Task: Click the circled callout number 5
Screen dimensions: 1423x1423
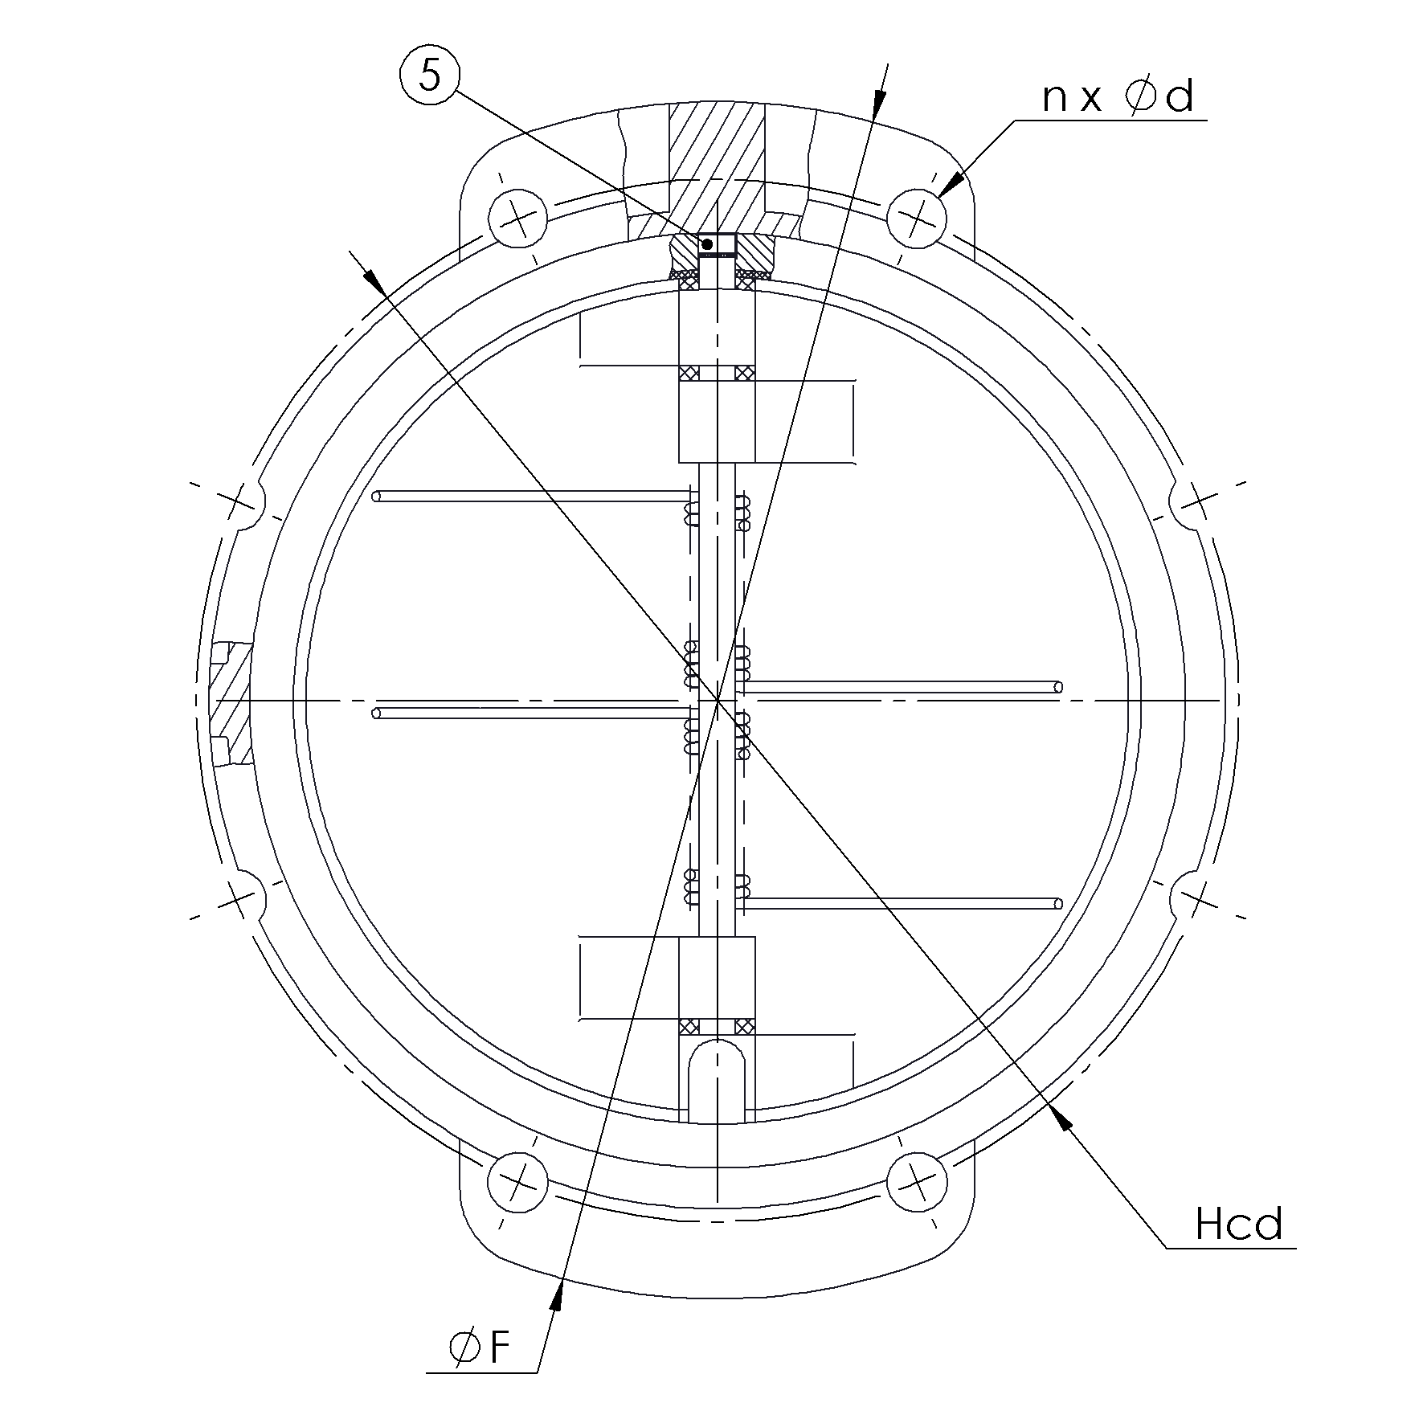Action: point(430,78)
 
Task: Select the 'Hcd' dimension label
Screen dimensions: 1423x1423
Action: point(1238,1225)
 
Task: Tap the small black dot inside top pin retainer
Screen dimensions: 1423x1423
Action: point(707,243)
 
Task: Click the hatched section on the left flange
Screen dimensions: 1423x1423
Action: point(233,703)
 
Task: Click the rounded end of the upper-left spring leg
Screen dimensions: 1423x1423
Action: point(377,497)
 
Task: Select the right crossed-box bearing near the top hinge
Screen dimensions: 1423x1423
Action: point(744,374)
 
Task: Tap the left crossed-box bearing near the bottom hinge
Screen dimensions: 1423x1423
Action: point(688,1026)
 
